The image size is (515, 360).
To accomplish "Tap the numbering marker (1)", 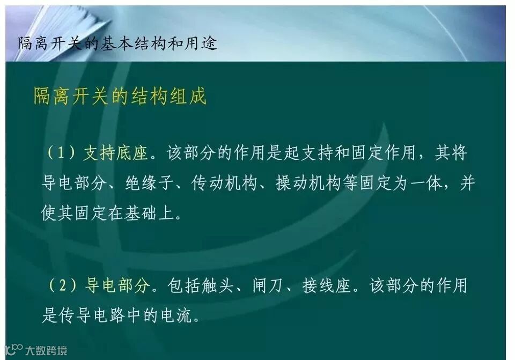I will [60, 154].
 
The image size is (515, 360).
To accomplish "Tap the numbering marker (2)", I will [61, 286].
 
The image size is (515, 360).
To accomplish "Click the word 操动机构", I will [308, 183].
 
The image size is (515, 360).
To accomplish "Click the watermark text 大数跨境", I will [47, 351].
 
